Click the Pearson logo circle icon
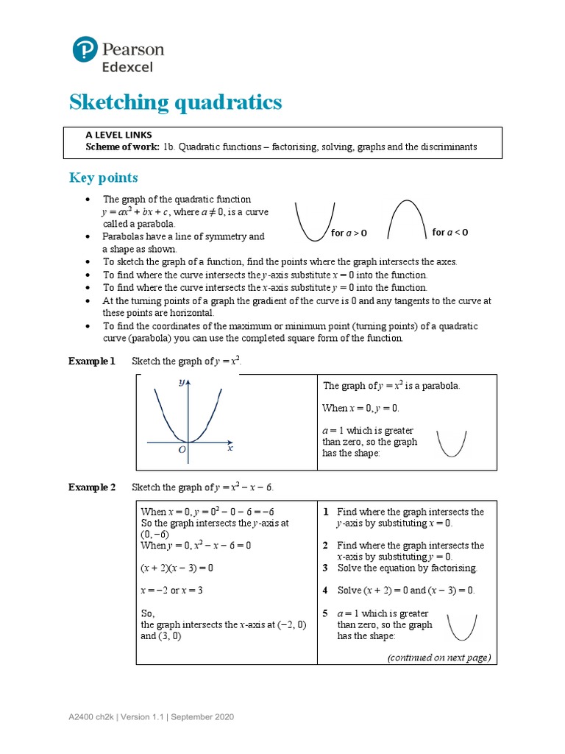[x=85, y=49]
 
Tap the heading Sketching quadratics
[x=175, y=102]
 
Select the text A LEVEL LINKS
[x=120, y=135]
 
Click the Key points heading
[x=103, y=178]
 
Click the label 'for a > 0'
[x=349, y=233]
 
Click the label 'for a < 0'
[x=449, y=233]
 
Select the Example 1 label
[x=92, y=362]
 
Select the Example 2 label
[x=92, y=487]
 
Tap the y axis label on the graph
[x=180, y=383]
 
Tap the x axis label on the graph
[x=230, y=448]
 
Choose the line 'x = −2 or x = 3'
[x=171, y=591]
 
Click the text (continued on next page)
[x=439, y=658]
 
